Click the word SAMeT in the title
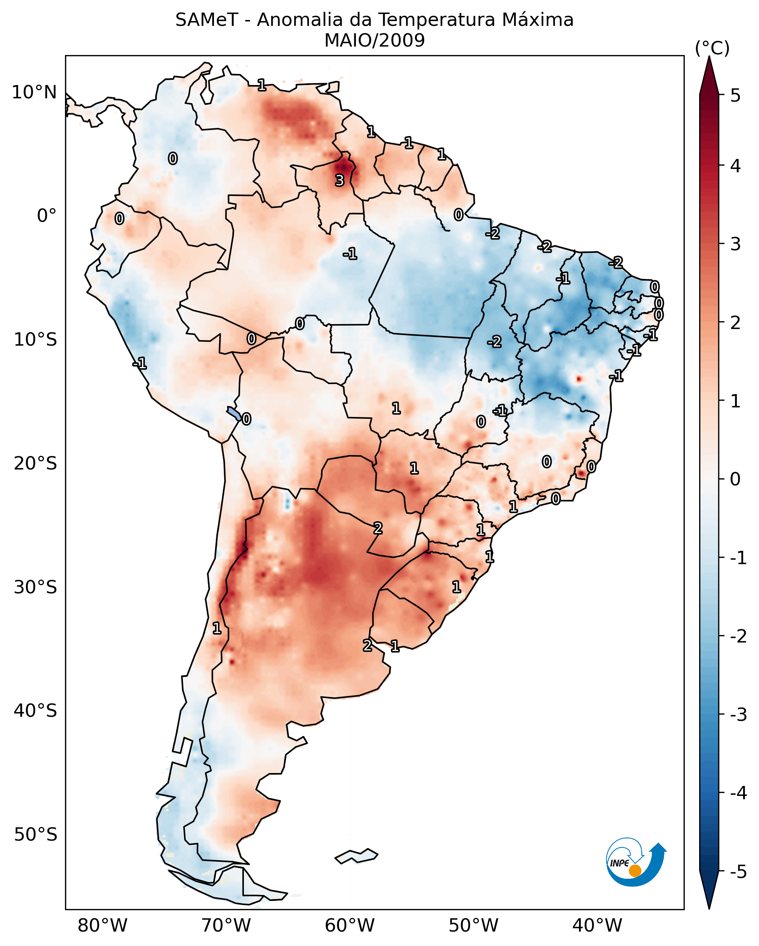207,20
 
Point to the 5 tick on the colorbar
735,95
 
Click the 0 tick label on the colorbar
735,479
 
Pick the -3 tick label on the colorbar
738,715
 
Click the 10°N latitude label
34,92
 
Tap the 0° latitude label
47,216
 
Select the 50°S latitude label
35,835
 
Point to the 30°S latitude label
35,587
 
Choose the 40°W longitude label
597,925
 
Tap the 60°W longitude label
350,925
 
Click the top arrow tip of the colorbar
709,58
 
